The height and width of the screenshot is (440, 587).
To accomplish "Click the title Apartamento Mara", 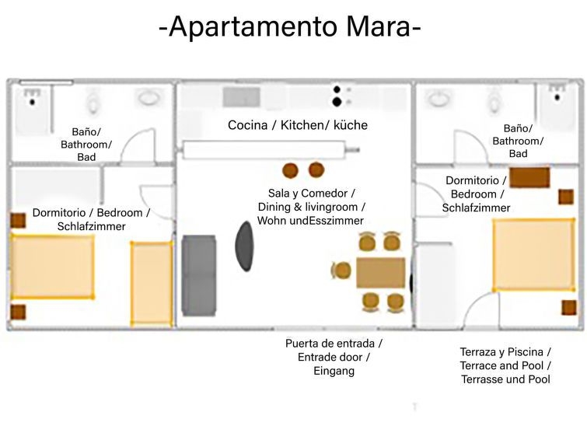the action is [x=290, y=26].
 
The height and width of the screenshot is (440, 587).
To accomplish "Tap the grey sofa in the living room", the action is [x=199, y=275].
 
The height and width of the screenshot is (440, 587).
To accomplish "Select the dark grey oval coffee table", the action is [x=244, y=246].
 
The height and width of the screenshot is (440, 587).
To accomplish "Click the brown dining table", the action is [x=380, y=273].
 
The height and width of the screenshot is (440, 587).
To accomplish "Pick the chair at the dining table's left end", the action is [x=341, y=271].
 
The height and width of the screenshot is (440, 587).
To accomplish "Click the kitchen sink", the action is [x=242, y=97].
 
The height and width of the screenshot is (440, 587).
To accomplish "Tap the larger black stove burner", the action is [x=337, y=102].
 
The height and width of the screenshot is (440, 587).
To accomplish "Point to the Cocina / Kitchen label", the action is [x=298, y=125].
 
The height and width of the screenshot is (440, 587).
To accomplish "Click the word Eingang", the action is [x=334, y=371].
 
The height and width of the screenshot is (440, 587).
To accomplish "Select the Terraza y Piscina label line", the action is [x=505, y=352].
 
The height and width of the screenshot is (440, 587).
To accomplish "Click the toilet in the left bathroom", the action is [x=93, y=103].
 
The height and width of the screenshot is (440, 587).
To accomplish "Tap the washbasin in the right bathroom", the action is [x=439, y=99].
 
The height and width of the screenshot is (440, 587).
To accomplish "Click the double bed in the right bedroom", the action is [x=534, y=255].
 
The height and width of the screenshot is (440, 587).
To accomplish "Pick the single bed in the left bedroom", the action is [x=152, y=284].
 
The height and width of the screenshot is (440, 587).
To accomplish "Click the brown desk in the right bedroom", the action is [x=529, y=177].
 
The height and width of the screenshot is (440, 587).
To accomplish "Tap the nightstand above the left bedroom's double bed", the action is [x=18, y=221].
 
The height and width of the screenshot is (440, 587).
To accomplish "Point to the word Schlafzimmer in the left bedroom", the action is [x=91, y=226].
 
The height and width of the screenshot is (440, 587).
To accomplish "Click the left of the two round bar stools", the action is [x=290, y=170].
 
